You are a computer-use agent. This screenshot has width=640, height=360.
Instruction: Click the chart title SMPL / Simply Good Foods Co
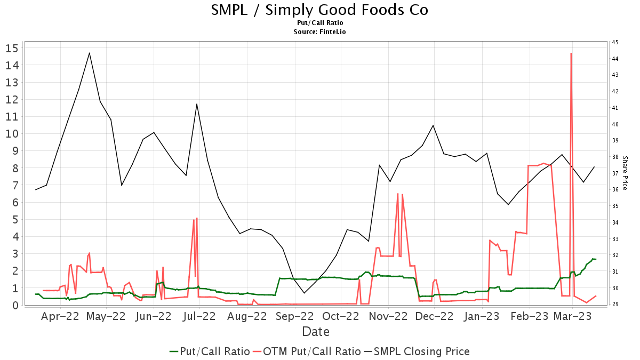click(319, 10)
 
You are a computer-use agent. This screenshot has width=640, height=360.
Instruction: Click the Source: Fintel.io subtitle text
click(319, 32)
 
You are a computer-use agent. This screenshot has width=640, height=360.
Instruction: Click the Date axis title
click(315, 332)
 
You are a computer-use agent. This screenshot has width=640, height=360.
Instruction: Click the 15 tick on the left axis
click(12, 48)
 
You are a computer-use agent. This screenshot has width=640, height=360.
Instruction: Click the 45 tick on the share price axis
click(615, 42)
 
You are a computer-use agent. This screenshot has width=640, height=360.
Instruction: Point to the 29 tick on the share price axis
click(615, 304)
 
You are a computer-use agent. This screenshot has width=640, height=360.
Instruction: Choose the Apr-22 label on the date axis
click(60, 316)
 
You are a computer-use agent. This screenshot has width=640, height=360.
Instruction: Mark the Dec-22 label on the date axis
click(435, 316)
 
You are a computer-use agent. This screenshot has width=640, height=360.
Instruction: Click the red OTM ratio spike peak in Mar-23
click(571, 53)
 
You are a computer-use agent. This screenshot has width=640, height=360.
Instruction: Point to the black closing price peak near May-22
click(89, 53)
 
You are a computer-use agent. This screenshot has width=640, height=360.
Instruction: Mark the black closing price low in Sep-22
click(304, 293)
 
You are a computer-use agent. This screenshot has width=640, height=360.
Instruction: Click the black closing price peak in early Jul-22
click(197, 104)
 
